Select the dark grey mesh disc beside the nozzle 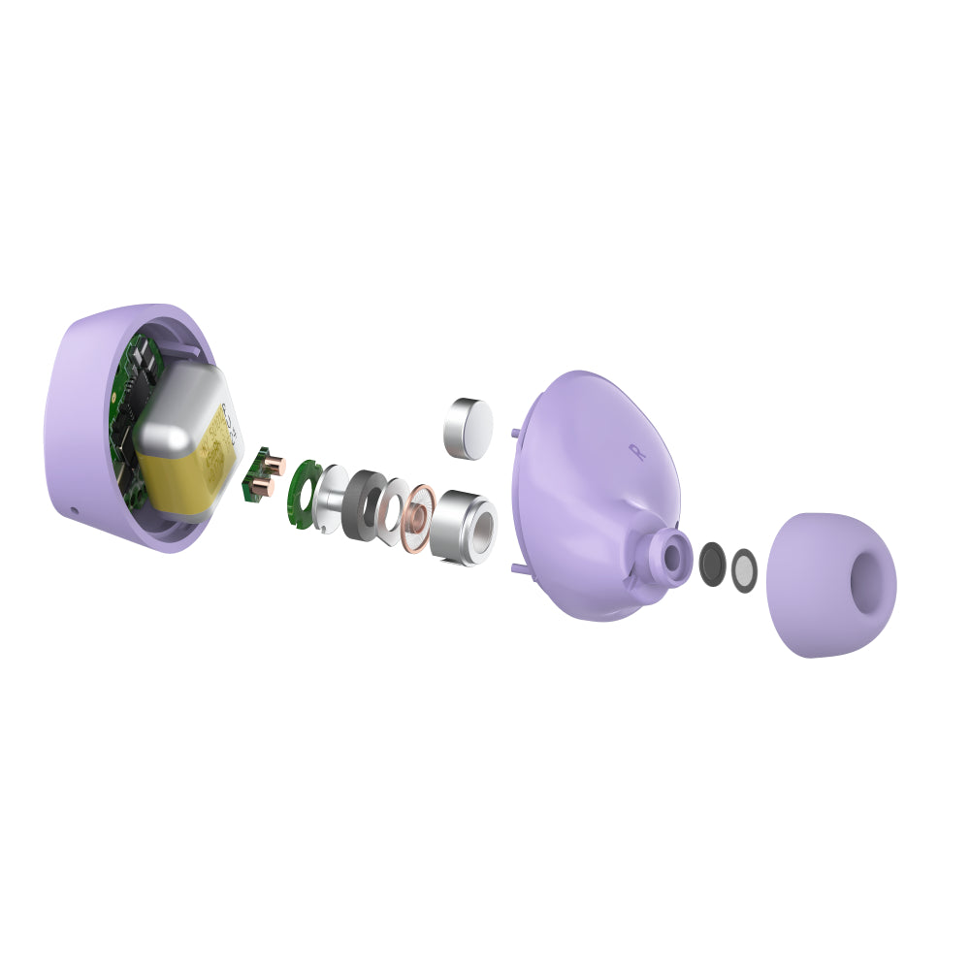[x=712, y=564]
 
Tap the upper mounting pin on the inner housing [x=513, y=432]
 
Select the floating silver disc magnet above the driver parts [x=468, y=428]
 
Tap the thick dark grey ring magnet [x=364, y=504]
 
